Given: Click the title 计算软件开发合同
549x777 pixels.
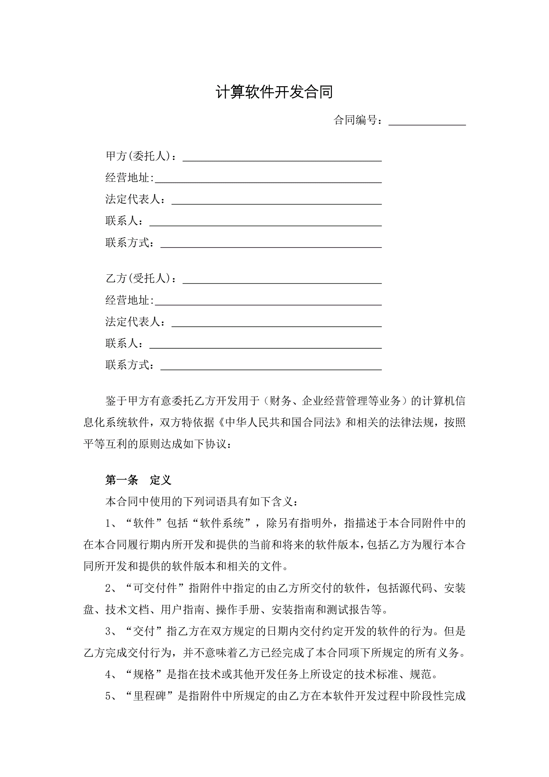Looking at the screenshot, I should click(x=274, y=92).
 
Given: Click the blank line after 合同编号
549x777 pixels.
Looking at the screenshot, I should click(x=427, y=121).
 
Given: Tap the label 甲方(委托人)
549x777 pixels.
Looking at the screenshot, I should click(x=140, y=156).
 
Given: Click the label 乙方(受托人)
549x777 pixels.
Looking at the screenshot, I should click(x=140, y=278).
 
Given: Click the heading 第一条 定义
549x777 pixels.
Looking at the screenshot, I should click(x=138, y=480).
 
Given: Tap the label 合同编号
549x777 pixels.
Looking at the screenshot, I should click(x=358, y=120).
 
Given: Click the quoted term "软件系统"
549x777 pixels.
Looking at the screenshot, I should click(x=222, y=523).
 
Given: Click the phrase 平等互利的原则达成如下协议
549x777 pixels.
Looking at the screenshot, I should click(x=157, y=444).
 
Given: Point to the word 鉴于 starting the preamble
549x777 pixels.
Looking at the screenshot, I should click(x=116, y=401).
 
